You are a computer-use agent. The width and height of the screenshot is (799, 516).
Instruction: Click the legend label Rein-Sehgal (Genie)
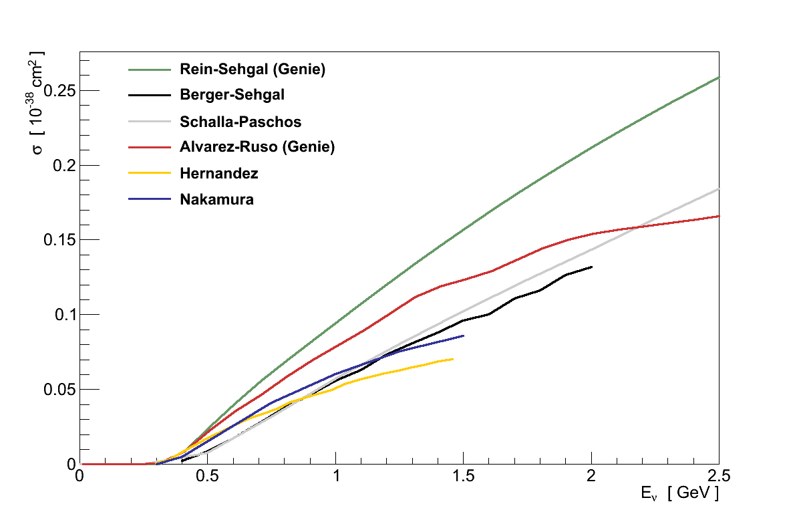pos(253,69)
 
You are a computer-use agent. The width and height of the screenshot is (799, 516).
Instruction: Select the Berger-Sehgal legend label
pos(232,95)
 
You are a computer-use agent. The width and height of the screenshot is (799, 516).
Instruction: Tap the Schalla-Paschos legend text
pos(241,122)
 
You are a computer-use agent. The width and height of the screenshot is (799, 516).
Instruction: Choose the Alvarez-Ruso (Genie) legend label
pos(257,147)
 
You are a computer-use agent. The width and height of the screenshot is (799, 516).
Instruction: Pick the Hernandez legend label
pos(219,173)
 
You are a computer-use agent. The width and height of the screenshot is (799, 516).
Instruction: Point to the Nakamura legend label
pos(216,199)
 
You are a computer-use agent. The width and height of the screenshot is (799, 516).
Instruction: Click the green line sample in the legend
pos(148,69)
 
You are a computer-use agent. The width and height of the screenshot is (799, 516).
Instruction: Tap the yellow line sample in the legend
pos(148,173)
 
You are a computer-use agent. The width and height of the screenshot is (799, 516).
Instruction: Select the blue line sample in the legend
pos(148,199)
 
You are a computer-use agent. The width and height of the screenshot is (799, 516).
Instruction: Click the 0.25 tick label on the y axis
pos(58,91)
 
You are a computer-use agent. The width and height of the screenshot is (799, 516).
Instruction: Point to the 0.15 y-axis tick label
pos(58,240)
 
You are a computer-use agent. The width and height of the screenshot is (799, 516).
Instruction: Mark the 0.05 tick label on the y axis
pos(58,390)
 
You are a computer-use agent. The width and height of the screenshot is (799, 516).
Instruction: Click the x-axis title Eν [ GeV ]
pos(678,495)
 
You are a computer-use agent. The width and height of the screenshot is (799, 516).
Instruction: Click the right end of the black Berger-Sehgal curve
pos(591,267)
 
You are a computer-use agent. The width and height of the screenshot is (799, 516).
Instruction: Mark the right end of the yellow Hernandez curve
pos(453,359)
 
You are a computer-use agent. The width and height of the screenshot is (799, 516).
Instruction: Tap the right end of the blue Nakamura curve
pos(463,336)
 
